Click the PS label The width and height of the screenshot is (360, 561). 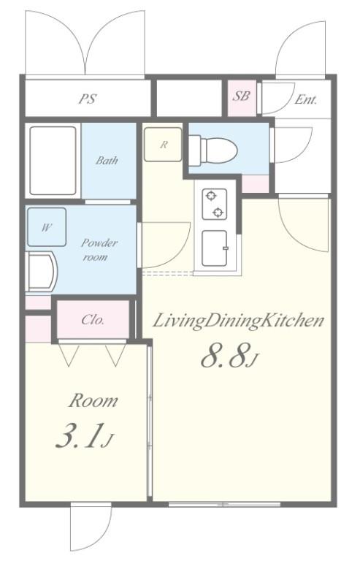point(88,99)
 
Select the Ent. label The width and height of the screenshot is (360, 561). point(306,99)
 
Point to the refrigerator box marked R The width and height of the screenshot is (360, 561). point(163,145)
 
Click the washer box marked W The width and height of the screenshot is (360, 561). point(47,227)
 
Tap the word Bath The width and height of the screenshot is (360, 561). point(107,160)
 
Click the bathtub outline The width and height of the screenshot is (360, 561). point(53,161)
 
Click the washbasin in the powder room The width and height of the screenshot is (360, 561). point(42,271)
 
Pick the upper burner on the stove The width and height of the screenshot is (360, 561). point(211,196)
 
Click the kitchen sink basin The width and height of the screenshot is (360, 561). point(215,248)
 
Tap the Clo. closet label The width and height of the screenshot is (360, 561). point(93,319)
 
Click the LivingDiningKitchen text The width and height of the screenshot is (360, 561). point(239,321)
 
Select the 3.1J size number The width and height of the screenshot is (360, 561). point(85,436)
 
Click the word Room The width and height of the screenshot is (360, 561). point(93,401)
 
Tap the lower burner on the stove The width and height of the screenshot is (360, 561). point(218,213)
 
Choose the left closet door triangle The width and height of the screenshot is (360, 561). point(69,355)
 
